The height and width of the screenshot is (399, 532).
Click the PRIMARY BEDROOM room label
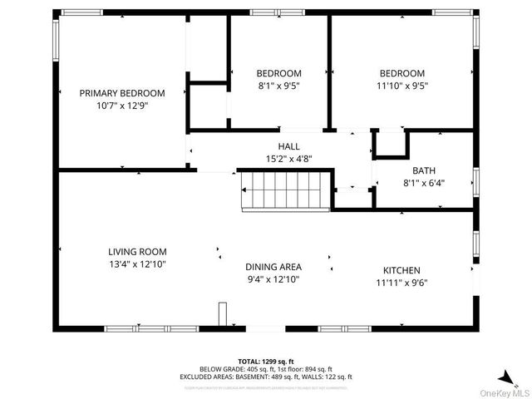point(122,93)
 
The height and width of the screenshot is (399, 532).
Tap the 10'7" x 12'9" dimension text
point(122,106)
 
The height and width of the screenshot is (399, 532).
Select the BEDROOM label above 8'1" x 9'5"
point(278,73)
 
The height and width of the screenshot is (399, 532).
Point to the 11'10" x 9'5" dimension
point(401,85)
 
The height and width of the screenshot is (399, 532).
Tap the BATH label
point(424,170)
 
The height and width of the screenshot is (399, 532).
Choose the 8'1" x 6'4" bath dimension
point(424,182)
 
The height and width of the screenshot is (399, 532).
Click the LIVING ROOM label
point(137,252)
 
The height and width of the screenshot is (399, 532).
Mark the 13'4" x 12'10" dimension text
point(137,264)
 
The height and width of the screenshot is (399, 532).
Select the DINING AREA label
point(273,267)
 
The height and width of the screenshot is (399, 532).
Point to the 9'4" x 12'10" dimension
point(273,279)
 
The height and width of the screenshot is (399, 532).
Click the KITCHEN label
point(401,270)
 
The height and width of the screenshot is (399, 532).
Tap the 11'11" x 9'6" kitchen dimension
point(401,283)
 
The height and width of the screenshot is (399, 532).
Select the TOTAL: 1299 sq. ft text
point(266,361)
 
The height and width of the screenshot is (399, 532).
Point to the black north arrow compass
point(505,376)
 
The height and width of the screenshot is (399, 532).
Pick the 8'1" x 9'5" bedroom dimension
point(278,85)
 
